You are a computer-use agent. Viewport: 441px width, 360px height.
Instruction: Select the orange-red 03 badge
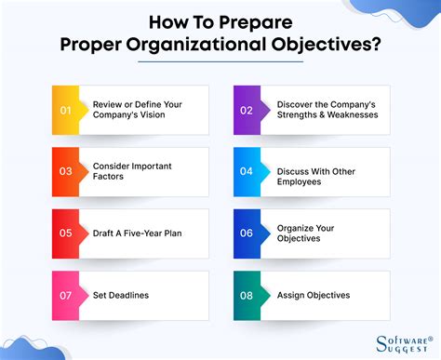tap(66, 171)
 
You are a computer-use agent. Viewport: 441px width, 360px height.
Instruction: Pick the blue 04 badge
tap(247, 171)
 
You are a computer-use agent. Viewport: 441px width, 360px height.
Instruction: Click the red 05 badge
tap(66, 233)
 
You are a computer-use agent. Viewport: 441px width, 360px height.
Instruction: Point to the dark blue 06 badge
tap(247, 233)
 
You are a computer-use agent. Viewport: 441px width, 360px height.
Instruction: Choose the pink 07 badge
tap(66, 295)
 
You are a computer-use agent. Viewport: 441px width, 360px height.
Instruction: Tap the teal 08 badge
tap(247, 295)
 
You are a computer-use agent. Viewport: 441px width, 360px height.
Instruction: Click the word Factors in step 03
tap(111, 178)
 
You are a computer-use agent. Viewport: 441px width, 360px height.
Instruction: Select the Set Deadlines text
tap(122, 295)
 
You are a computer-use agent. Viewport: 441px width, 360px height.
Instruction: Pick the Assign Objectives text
tap(314, 295)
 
